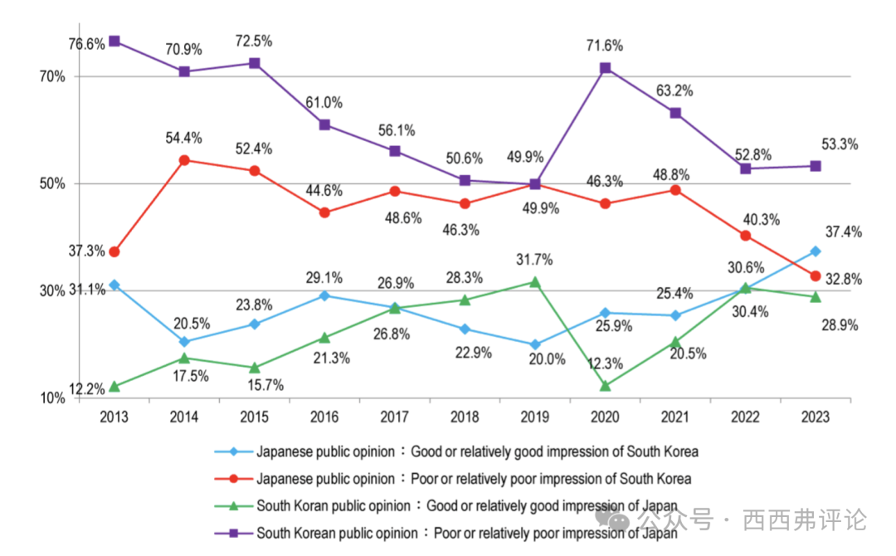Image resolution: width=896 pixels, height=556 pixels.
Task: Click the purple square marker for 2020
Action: pos(606,68)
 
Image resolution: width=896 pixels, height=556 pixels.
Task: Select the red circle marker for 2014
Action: pos(184,160)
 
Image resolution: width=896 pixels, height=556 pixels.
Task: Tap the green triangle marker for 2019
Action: pos(535,282)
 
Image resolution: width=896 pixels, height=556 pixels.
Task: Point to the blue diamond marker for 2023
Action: pos(816,251)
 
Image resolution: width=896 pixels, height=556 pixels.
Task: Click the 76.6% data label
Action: pos(86,43)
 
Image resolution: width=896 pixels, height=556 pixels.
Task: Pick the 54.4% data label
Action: pos(184,138)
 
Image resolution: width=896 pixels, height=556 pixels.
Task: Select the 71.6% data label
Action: pos(606,46)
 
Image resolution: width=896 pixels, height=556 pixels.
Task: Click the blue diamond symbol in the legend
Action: pos(233,452)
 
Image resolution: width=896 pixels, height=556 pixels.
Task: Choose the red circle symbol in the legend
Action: pos(233,479)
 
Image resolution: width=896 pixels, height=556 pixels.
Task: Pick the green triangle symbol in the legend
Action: pos(233,505)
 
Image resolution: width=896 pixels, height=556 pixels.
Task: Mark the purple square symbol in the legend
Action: pos(233,533)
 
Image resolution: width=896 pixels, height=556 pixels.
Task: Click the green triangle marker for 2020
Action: pos(606,386)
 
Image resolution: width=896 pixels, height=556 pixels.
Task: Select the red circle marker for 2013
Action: pos(114,251)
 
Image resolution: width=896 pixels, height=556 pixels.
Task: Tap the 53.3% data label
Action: pos(840,144)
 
